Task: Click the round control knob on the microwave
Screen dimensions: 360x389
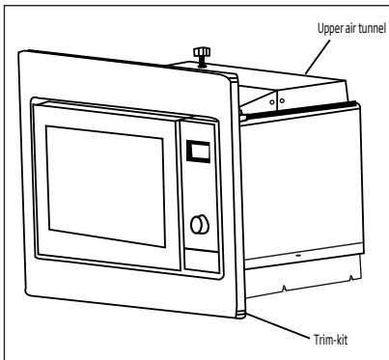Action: click(x=200, y=224)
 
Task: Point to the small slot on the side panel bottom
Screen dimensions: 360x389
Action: click(x=297, y=255)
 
